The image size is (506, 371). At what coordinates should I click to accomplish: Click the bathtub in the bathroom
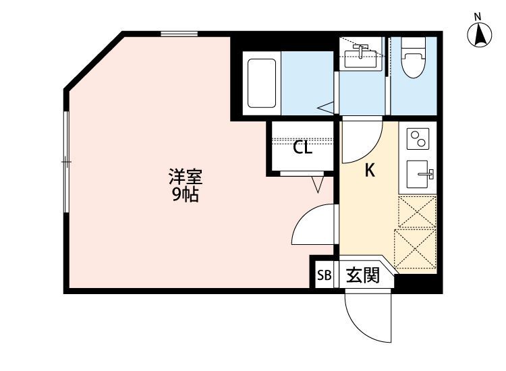click(x=262, y=83)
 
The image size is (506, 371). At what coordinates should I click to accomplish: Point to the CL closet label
click(x=302, y=148)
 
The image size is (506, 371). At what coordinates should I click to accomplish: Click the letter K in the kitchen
click(x=370, y=171)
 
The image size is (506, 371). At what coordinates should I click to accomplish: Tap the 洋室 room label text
click(x=185, y=179)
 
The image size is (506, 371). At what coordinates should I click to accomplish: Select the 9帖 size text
click(x=185, y=196)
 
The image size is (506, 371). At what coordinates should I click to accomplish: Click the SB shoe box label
click(x=324, y=275)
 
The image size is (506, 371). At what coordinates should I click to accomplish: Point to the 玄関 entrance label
click(x=362, y=275)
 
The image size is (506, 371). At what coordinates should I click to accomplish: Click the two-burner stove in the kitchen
click(x=418, y=139)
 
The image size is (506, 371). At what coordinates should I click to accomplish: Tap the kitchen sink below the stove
click(x=419, y=175)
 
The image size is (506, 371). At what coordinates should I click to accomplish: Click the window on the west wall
click(x=66, y=162)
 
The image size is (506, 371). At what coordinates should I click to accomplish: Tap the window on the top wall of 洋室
click(x=179, y=33)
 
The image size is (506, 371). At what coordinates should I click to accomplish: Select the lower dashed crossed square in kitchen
click(x=414, y=249)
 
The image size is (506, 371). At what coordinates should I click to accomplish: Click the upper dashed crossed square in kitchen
click(x=417, y=212)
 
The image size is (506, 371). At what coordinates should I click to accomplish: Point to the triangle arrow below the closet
click(x=319, y=183)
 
